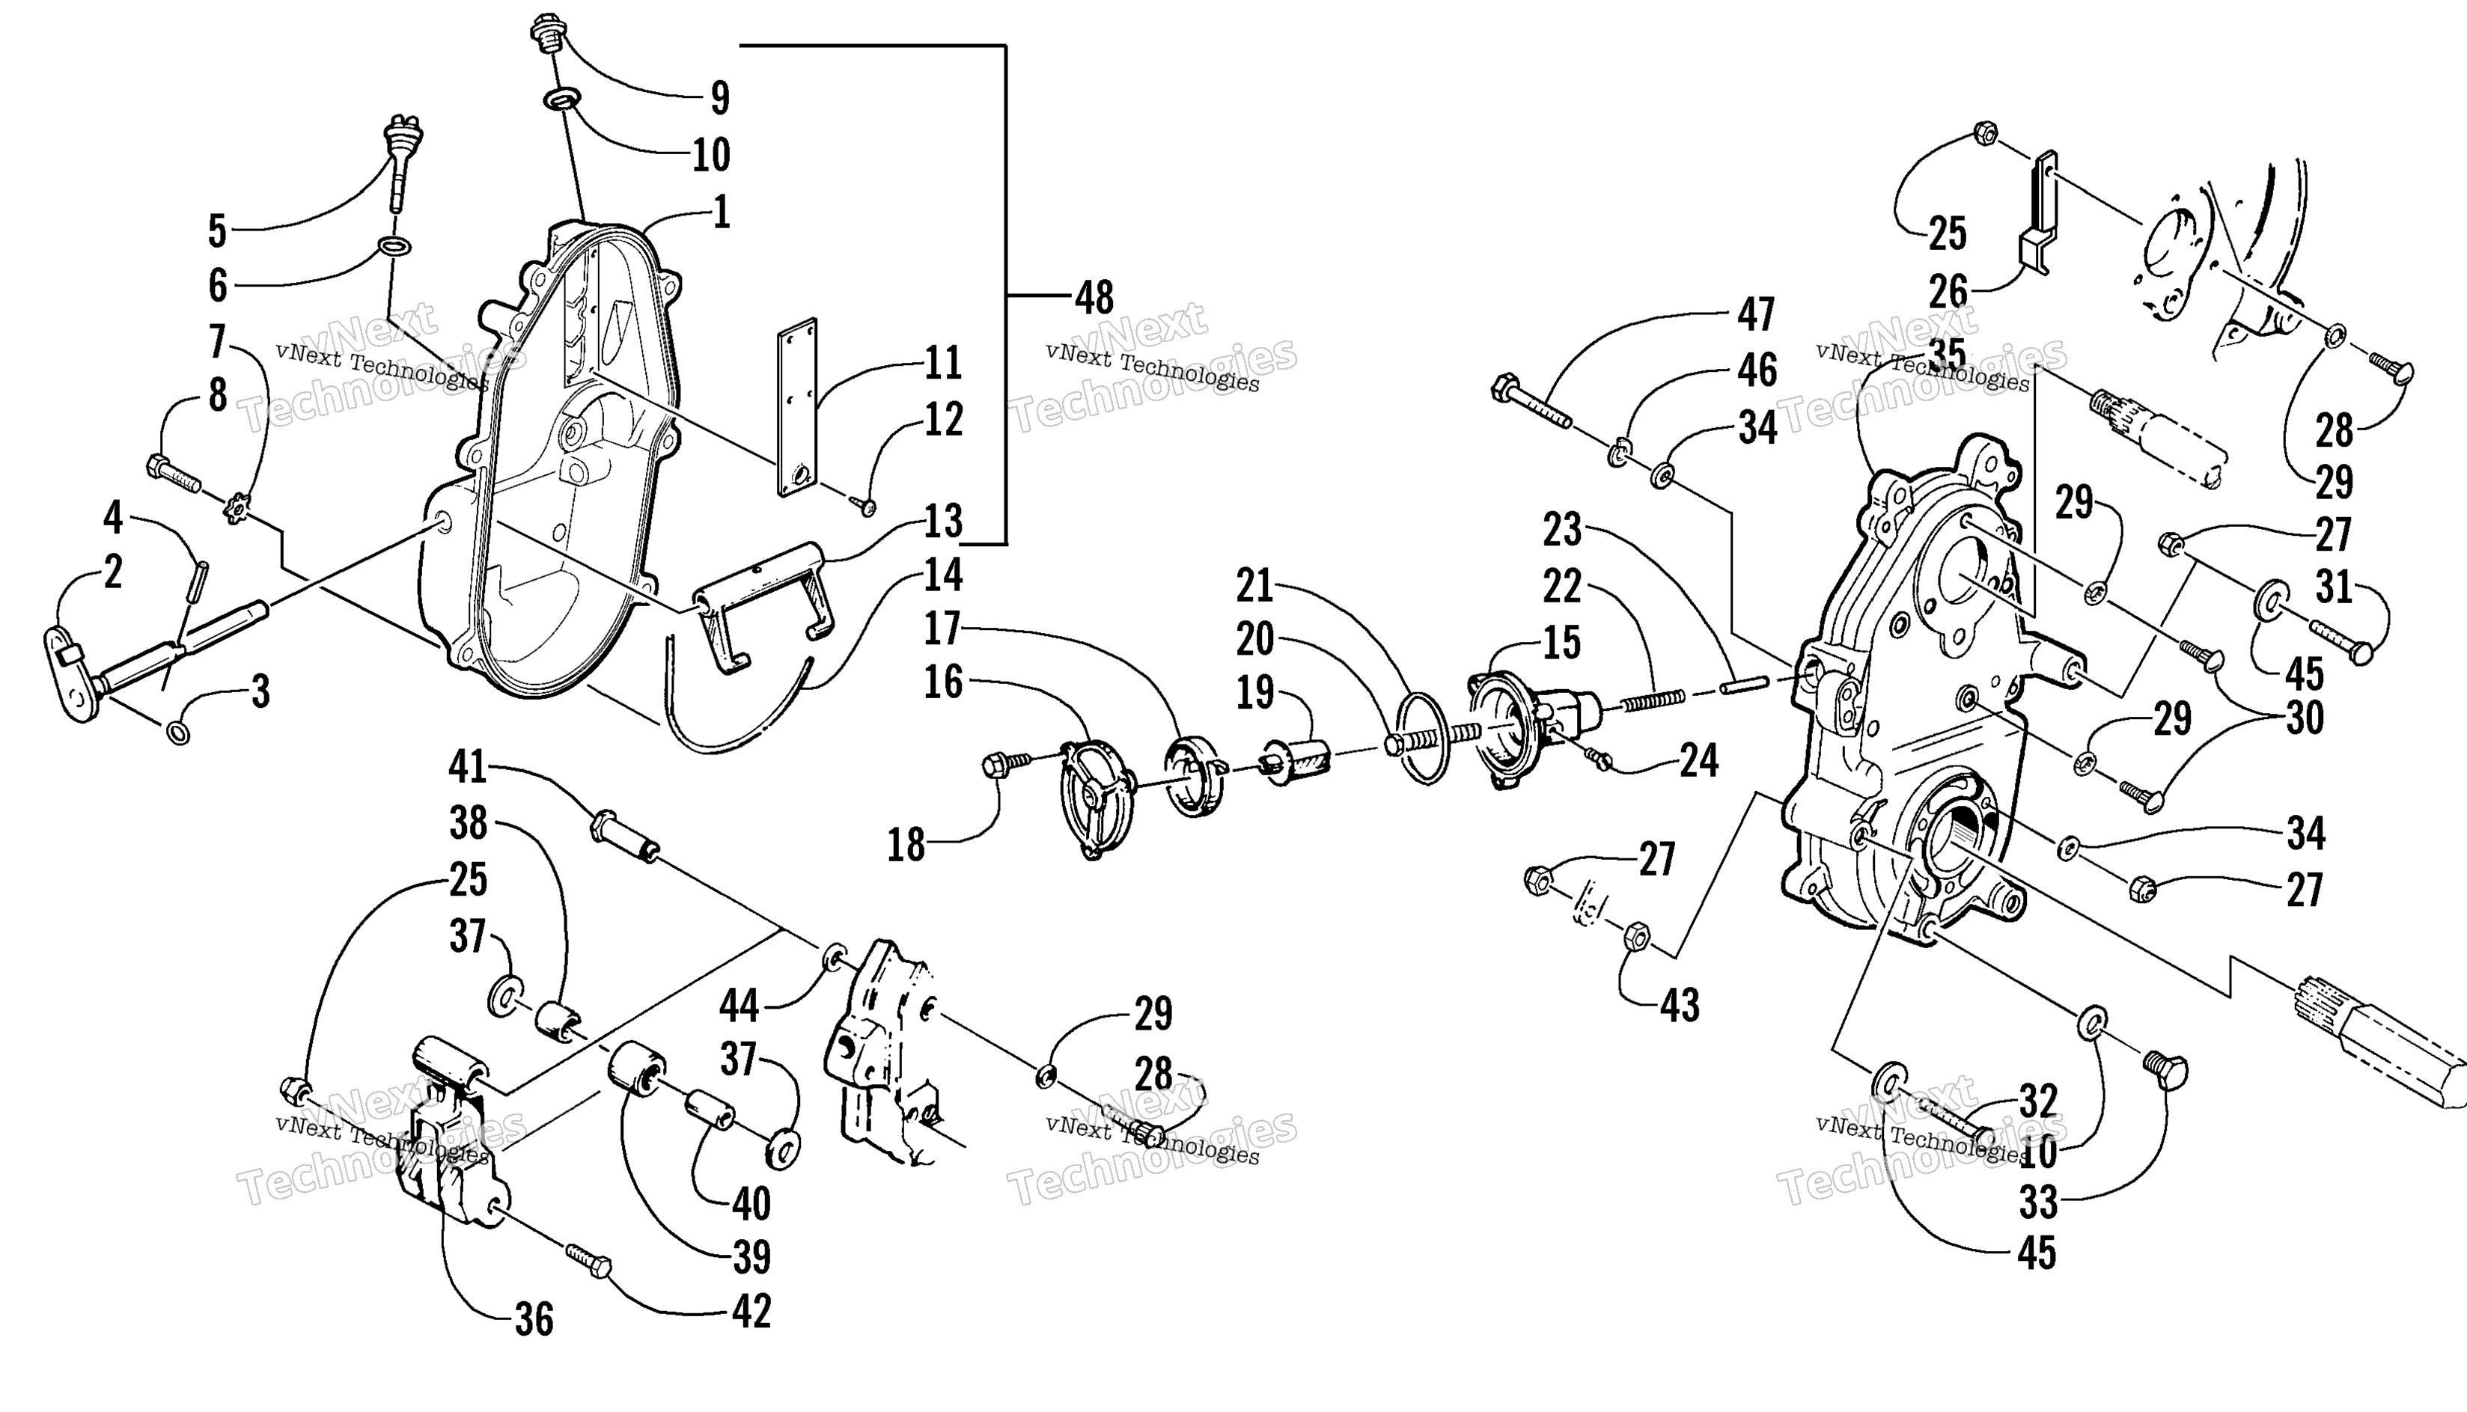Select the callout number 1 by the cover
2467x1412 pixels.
click(x=721, y=213)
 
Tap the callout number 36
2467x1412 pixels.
click(x=534, y=1320)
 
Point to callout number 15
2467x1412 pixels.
click(x=1561, y=643)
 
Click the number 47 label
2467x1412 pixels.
click(x=1756, y=314)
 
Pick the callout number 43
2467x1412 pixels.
click(x=1680, y=1006)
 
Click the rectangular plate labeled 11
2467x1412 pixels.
click(x=796, y=407)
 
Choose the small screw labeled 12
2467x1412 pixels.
click(x=863, y=504)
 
